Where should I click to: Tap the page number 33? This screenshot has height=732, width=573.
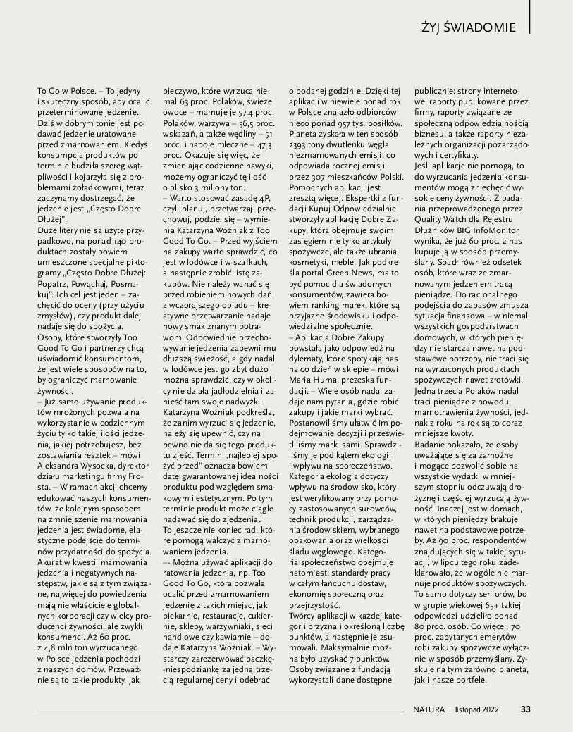pyautogui.click(x=526, y=709)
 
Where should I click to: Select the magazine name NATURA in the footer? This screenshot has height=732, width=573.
pyautogui.click(x=429, y=709)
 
